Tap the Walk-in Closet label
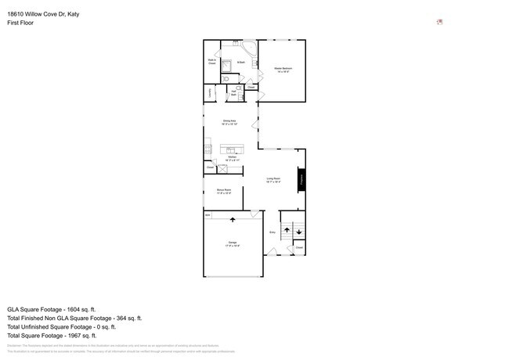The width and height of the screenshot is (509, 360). coord(211,61)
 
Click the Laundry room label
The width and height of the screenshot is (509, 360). coord(210,93)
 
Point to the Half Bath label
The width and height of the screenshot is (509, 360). coord(233,93)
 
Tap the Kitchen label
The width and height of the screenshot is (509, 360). coord(232,159)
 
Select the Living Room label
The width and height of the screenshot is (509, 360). coord(273,180)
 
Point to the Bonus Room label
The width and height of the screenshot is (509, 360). coord(224,191)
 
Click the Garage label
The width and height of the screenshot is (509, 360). coord(233,244)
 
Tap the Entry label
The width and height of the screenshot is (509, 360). coord(273,232)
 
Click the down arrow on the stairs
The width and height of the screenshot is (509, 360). coord(298,232)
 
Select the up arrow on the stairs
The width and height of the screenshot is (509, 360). coord(287,229)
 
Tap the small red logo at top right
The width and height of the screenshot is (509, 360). coord(439,22)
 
